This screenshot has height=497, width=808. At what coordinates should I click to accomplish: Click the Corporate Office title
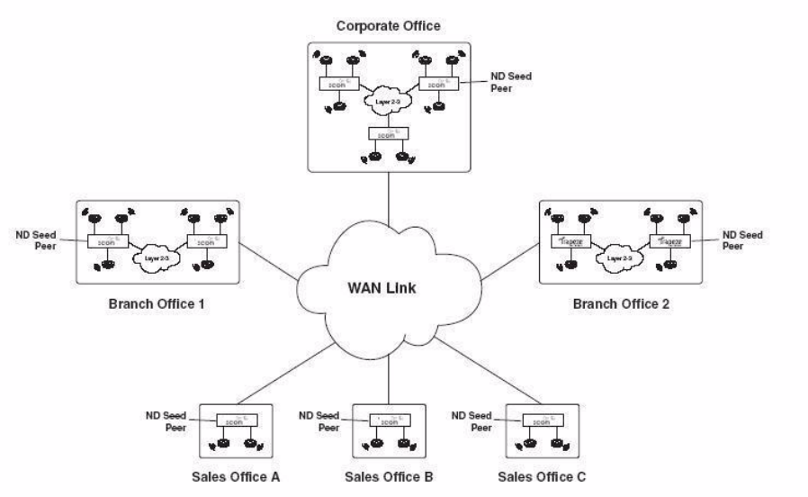(x=389, y=25)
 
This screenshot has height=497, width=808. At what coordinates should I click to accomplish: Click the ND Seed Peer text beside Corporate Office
(x=514, y=84)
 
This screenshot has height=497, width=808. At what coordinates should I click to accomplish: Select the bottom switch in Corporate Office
(x=388, y=132)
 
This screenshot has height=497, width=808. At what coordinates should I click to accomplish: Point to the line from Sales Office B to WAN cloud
(x=389, y=374)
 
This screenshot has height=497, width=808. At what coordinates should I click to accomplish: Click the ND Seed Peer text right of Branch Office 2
(x=744, y=240)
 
